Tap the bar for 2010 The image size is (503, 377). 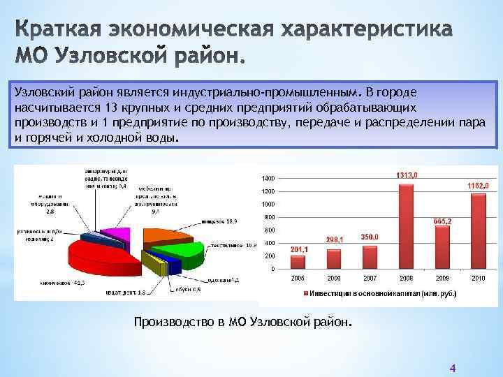tap(478, 231)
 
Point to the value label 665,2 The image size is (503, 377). tap(442, 221)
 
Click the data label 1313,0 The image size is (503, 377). tap(407, 175)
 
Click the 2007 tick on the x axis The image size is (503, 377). tap(370, 278)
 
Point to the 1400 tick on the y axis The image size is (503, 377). tap(268, 178)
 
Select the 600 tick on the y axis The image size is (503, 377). tap(270, 230)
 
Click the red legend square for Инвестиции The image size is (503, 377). tap(305, 294)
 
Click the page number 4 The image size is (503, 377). tap(452, 368)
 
